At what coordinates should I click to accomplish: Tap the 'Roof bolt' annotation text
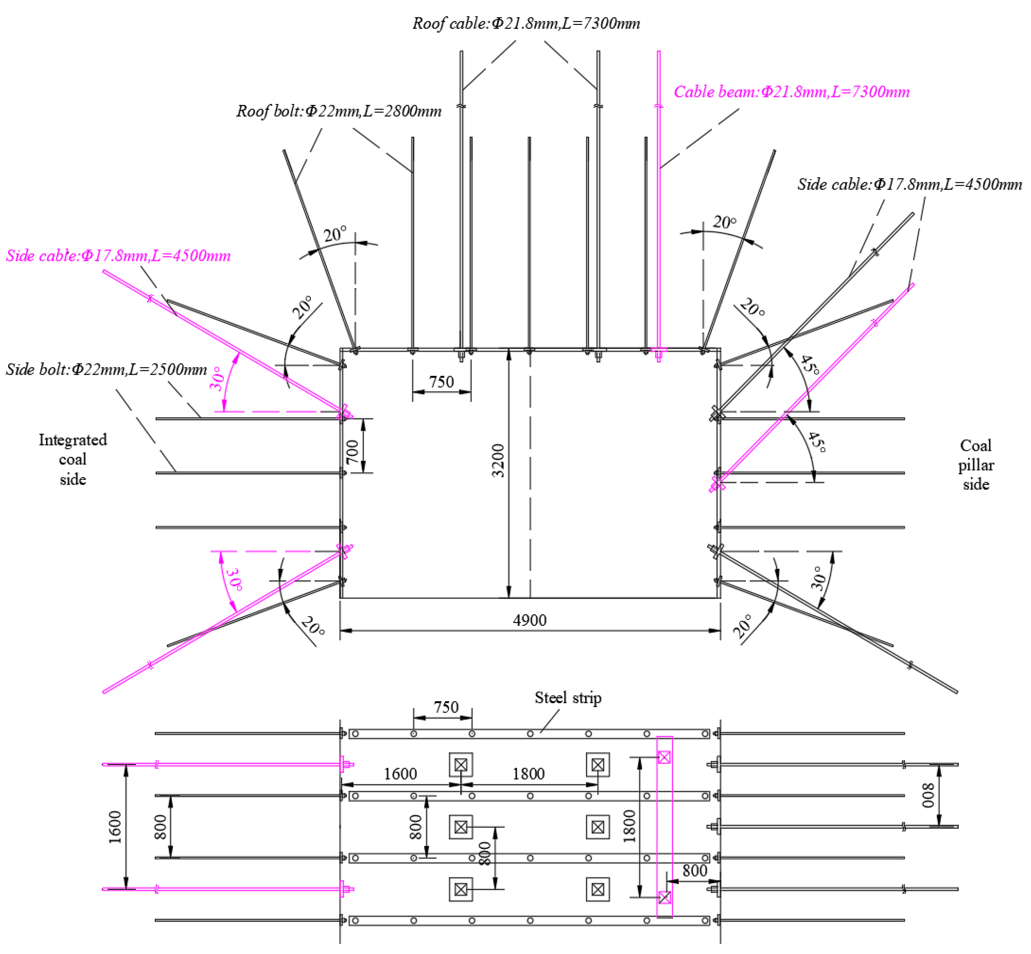(x=338, y=111)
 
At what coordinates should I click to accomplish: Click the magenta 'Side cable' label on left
(x=118, y=255)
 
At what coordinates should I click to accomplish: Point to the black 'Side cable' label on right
(x=909, y=184)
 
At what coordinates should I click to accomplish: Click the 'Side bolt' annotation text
(x=106, y=369)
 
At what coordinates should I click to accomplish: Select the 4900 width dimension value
(x=529, y=620)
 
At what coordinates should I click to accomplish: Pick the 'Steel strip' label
(x=568, y=698)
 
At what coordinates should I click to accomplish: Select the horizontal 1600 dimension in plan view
(x=400, y=774)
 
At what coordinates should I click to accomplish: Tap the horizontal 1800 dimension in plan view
(x=528, y=774)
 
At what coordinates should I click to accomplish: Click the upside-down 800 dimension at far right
(x=928, y=795)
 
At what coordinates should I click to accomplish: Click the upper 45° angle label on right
(x=809, y=364)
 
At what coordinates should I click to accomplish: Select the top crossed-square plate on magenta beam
(x=664, y=757)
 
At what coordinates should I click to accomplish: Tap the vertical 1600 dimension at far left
(x=115, y=827)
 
